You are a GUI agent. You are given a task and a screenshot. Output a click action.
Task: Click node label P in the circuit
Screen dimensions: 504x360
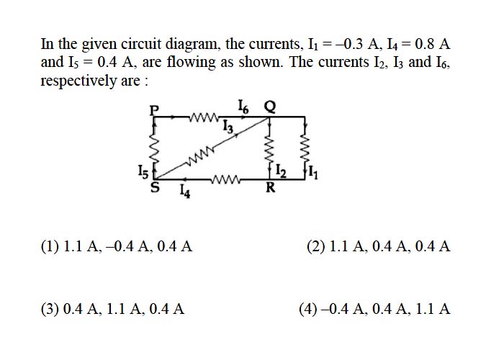click(x=155, y=110)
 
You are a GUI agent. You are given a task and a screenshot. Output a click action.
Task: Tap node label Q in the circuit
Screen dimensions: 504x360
click(x=270, y=107)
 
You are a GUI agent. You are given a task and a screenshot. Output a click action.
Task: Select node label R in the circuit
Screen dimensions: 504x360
click(x=271, y=186)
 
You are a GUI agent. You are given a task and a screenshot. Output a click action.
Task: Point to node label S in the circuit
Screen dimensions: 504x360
click(x=156, y=187)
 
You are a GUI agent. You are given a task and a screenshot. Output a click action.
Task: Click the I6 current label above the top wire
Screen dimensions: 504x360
click(x=243, y=107)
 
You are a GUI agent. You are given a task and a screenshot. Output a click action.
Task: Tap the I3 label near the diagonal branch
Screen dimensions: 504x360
click(x=228, y=126)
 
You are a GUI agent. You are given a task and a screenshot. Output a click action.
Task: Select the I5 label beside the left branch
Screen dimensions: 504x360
click(x=143, y=171)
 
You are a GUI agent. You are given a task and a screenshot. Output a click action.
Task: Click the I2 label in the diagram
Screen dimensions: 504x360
click(x=282, y=171)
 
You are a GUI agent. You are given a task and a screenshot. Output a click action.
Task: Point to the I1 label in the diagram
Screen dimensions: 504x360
click(x=313, y=172)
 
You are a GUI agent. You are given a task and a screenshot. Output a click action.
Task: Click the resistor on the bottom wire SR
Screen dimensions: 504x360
click(x=225, y=179)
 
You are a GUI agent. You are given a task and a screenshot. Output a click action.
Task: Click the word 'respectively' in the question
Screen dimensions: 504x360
click(x=78, y=81)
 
